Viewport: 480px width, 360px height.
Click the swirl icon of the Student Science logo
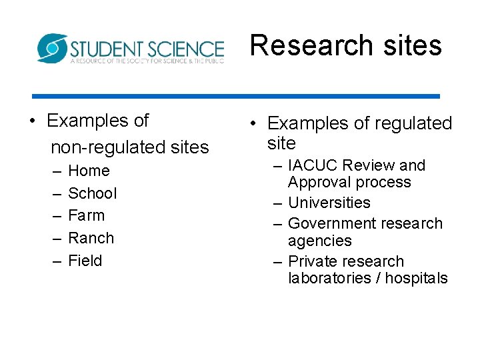(x=51, y=48)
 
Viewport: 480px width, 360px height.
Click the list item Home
(x=89, y=171)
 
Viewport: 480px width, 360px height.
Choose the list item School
(x=92, y=193)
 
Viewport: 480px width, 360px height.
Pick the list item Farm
(x=87, y=215)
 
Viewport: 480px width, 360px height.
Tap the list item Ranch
(x=91, y=238)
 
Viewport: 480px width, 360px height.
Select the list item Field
(x=85, y=261)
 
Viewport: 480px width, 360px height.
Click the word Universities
(x=329, y=203)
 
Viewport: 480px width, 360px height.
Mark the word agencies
(x=319, y=241)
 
